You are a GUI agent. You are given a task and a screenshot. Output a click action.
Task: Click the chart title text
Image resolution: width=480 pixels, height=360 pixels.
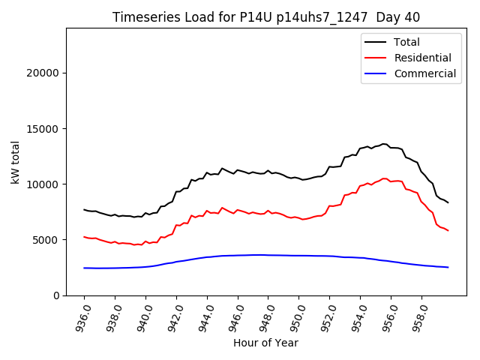266,17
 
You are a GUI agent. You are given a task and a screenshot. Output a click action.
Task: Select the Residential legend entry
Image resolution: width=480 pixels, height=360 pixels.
422,58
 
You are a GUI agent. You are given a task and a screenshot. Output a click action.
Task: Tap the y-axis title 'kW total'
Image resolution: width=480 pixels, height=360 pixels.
16,162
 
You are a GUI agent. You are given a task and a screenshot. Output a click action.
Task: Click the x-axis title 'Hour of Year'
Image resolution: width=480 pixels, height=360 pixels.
266,343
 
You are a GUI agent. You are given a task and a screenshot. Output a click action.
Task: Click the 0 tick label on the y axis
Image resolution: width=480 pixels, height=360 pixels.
56,295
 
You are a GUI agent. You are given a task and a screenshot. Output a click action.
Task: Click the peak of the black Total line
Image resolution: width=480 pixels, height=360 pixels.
384,143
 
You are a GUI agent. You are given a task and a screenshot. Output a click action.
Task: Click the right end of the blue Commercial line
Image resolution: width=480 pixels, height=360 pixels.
448,268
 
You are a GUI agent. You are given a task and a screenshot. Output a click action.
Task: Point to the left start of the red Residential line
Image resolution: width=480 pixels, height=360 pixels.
84,237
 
